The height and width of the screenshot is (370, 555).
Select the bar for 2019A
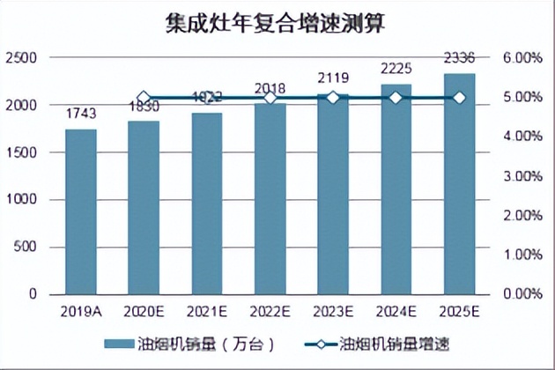pyautogui.click(x=81, y=211)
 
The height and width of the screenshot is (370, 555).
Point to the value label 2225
pyautogui.click(x=396, y=69)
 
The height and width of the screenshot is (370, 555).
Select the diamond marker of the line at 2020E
pyautogui.click(x=144, y=98)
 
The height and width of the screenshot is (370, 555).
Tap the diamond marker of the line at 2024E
pyautogui.click(x=396, y=98)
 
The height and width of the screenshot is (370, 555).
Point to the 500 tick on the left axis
pyautogui.click(x=26, y=247)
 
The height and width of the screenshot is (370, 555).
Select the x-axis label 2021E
pyautogui.click(x=207, y=311)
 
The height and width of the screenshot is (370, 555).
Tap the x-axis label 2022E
pyautogui.click(x=270, y=311)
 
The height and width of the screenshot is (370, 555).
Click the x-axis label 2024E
pyautogui.click(x=396, y=311)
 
